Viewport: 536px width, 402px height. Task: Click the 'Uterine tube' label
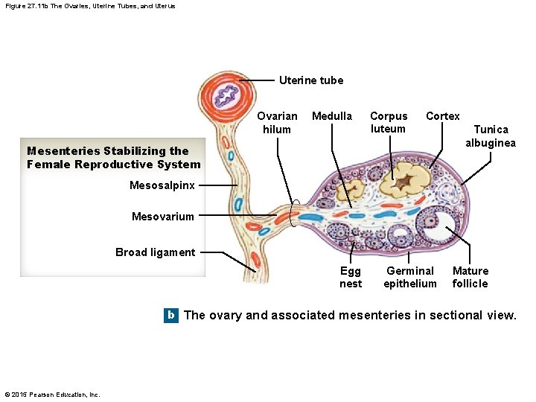pos(310,80)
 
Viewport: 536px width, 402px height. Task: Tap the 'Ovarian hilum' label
pos(277,123)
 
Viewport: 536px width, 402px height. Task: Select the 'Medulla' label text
pos(331,116)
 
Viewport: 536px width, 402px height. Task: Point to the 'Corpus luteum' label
pos(389,122)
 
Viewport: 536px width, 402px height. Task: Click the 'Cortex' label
pos(442,116)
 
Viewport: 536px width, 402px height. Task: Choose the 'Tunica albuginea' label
pos(491,136)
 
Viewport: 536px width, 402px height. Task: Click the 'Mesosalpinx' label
pos(162,185)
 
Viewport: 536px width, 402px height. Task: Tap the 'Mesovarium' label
pos(162,217)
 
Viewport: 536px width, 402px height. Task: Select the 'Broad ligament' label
pos(155,252)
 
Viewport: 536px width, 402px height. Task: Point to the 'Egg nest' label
pos(350,277)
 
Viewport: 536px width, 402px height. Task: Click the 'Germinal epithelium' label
pos(410,277)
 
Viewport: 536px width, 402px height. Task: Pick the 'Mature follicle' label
pos(470,277)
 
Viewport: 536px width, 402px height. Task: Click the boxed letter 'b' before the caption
pos(171,315)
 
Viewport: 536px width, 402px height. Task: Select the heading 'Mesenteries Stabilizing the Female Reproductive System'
pos(113,158)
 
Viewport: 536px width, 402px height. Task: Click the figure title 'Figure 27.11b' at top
pos(89,6)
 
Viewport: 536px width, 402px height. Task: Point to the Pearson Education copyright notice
pos(52,395)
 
